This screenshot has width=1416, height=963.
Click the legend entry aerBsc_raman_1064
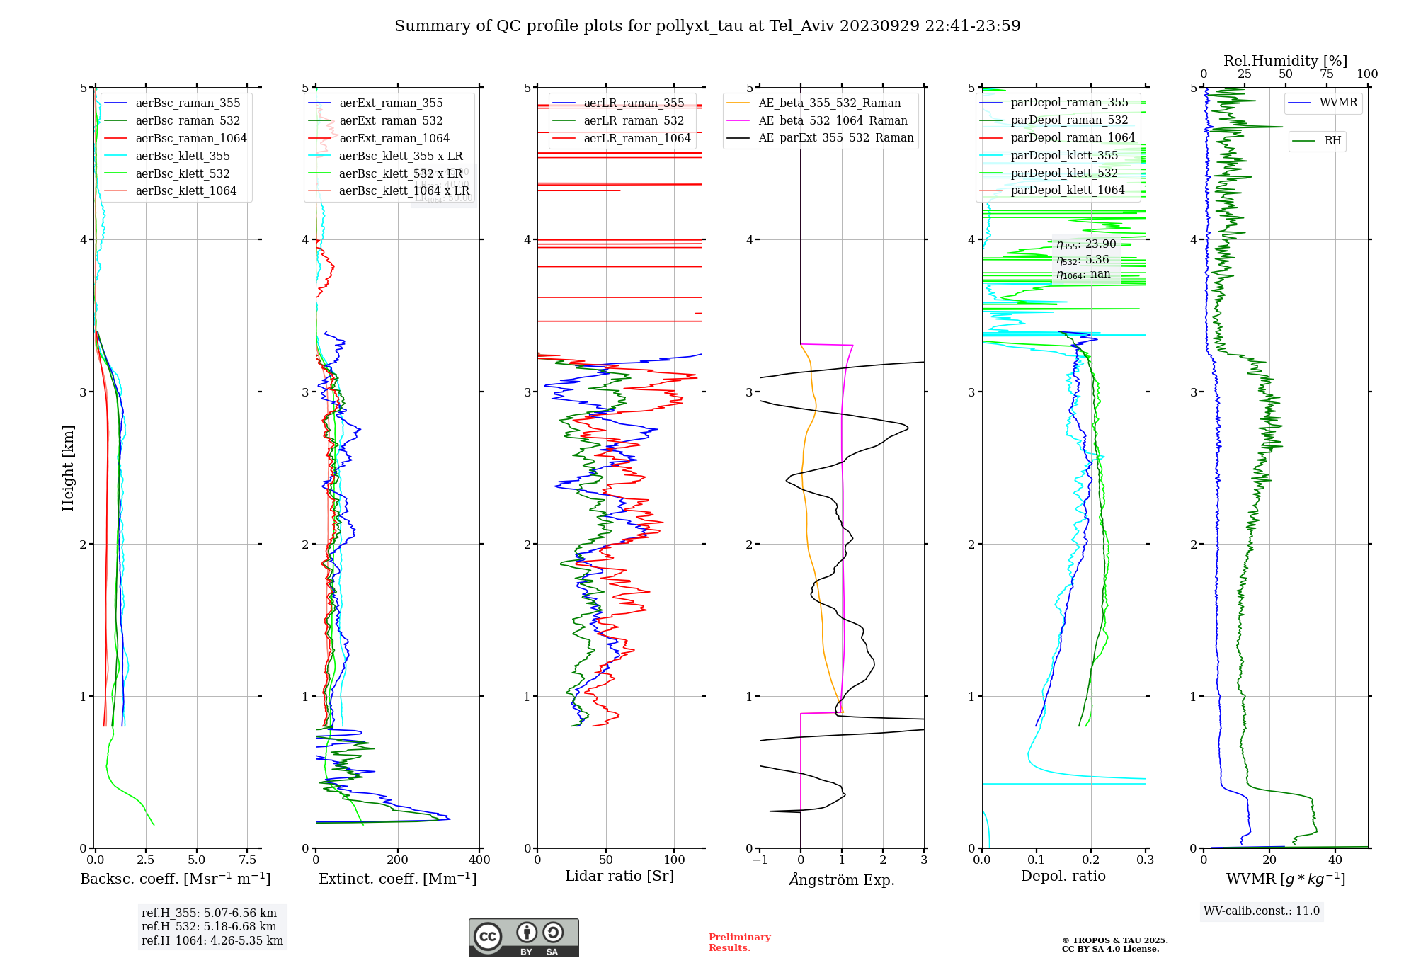coord(191,138)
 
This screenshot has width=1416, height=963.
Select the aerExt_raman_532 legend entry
coord(391,120)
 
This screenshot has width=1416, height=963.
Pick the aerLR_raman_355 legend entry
coord(634,103)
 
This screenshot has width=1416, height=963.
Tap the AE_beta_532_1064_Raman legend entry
coord(833,120)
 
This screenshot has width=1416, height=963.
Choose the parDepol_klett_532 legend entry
coord(1064,173)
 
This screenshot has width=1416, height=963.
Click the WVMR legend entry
coord(1338,103)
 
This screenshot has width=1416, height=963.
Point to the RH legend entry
coord(1332,141)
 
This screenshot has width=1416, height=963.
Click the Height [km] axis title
coord(68,468)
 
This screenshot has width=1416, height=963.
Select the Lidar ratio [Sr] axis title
coord(619,876)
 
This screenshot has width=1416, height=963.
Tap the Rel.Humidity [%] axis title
coord(1285,61)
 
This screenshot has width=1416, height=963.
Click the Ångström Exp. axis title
coord(842,879)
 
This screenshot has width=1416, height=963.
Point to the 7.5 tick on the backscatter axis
coord(248,860)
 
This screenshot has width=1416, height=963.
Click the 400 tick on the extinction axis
coord(480,860)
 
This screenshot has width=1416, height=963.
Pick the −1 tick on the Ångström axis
coord(760,860)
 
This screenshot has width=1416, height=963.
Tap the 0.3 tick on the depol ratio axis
coord(1146,860)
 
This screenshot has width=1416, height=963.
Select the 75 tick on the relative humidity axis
coord(1326,74)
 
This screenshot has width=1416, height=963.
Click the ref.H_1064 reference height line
coord(212,941)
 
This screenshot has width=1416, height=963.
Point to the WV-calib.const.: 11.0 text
coord(1262,911)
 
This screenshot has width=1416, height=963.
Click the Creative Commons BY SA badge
coord(523,938)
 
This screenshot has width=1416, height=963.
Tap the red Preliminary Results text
coord(739,942)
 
